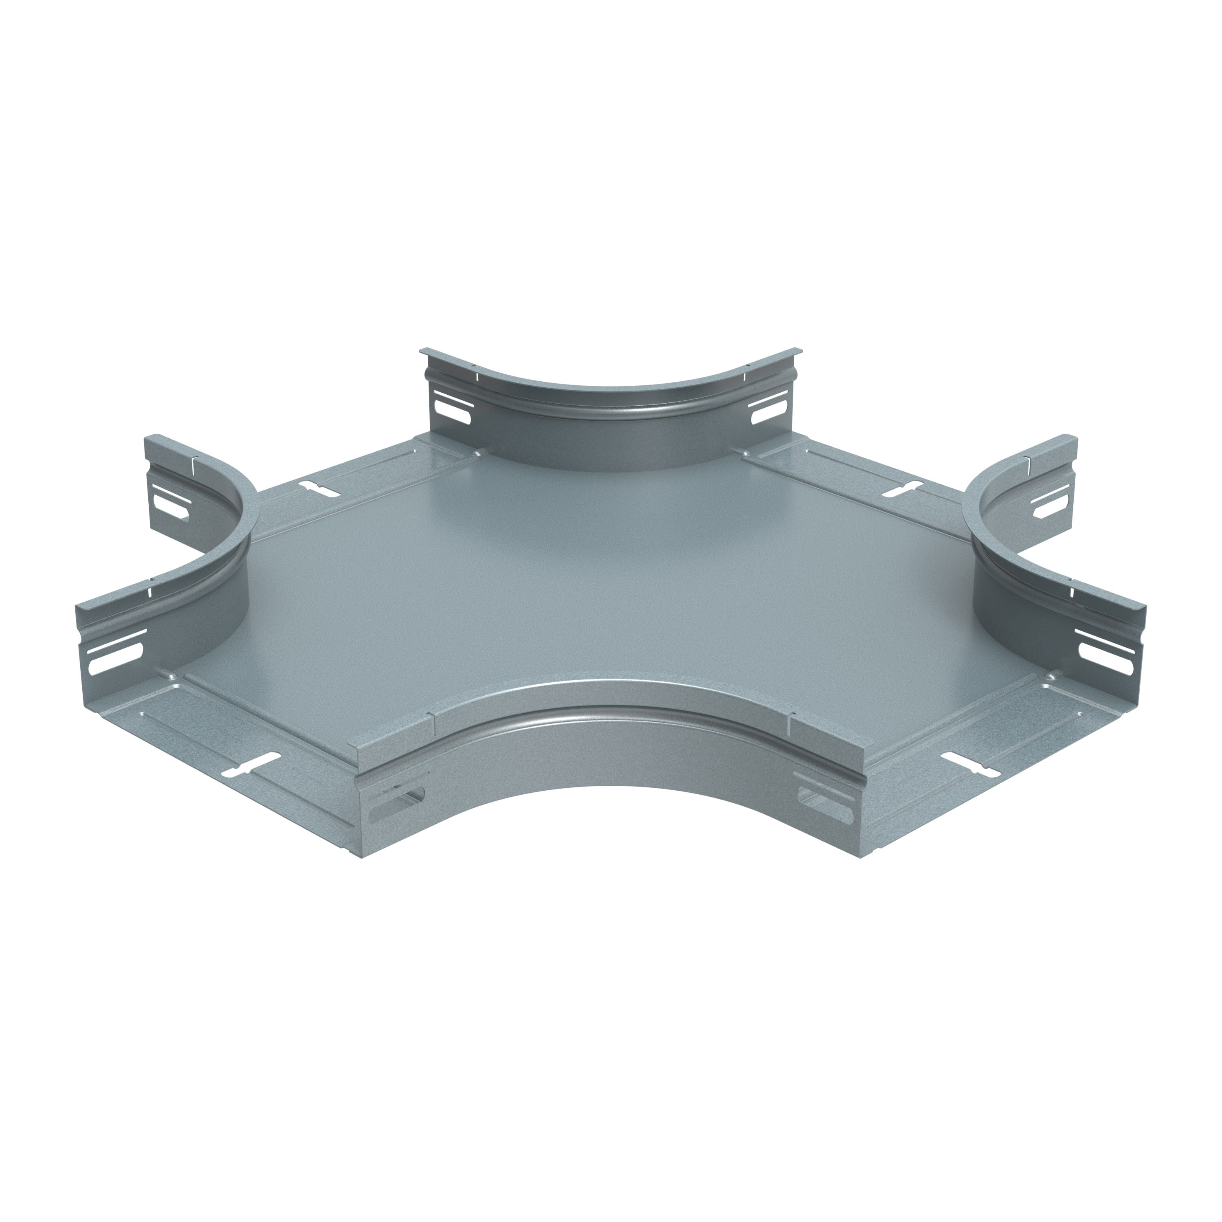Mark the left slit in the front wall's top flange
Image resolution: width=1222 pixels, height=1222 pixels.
click(x=430, y=716)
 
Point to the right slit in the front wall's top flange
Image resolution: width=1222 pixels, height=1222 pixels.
click(x=790, y=716)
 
